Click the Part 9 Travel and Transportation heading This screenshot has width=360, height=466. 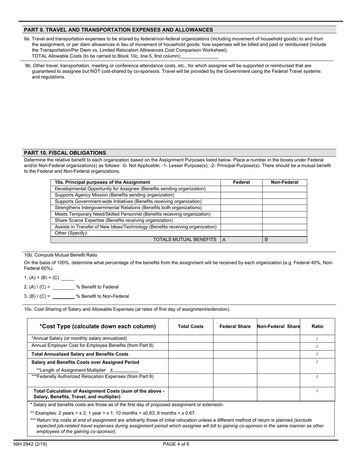click(118, 30)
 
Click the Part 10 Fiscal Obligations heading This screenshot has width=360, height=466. click(65, 153)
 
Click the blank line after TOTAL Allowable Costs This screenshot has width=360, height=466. click(200, 56)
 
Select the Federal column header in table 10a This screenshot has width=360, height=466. click(241, 182)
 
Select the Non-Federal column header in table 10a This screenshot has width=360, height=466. click(285, 182)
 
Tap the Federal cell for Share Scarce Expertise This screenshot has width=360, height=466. click(241, 220)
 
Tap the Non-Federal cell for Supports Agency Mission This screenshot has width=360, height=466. click(285, 195)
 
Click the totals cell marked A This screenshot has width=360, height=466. click(241, 239)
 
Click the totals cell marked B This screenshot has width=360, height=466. click(285, 239)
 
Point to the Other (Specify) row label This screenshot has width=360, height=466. click(71, 233)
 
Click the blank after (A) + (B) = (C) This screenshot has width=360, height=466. click(67, 278)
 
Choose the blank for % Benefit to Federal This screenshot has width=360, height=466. click(64, 287)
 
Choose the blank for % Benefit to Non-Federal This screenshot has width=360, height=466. click(64, 297)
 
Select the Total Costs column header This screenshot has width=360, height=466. click(191, 326)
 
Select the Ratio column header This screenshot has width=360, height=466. click(318, 326)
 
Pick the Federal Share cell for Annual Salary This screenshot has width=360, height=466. click(235, 338)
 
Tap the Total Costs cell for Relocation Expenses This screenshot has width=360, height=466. click(191, 380)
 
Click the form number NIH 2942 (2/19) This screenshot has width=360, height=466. click(36, 444)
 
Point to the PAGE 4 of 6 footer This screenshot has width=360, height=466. click(176, 444)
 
